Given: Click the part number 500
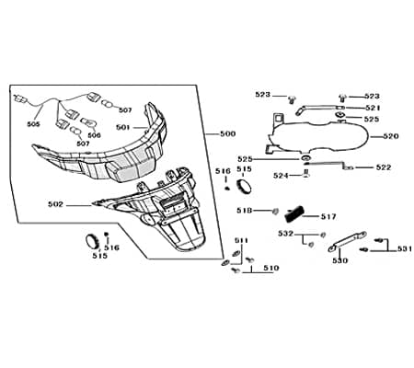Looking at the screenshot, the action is coord(228,134).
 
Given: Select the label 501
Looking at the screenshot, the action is coord(123,127).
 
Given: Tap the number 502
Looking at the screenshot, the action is coord(55,204).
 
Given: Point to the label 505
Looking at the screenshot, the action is coord(33,124).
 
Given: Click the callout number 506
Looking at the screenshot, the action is coord(94,135).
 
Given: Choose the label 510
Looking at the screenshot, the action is coord(271,268).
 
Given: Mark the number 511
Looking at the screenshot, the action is coord(241,241).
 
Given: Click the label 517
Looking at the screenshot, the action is coord(328,217).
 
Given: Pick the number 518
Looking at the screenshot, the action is coord(244,211).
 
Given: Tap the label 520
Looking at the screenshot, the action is coord(391,136).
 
